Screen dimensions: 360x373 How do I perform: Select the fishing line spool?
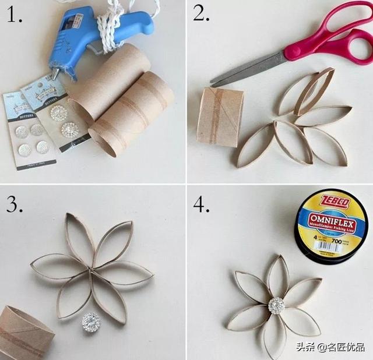(x=329, y=224)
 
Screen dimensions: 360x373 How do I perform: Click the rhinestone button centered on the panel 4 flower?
(x=276, y=306)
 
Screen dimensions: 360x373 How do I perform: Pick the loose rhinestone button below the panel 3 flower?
(x=91, y=322)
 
